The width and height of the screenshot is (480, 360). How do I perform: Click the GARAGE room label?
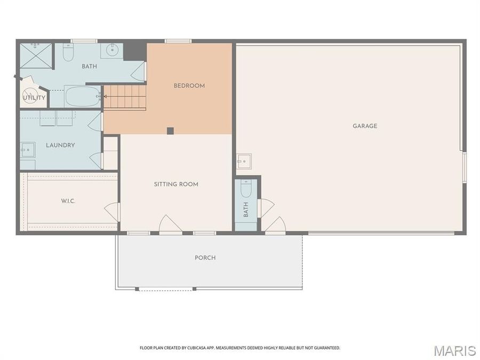point(365,126)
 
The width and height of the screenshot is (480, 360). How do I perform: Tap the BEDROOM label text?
point(189,86)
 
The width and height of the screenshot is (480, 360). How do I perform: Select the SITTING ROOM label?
point(176,185)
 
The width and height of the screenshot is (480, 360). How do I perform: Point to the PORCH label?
point(205,258)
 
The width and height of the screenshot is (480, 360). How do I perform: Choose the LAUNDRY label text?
point(60,145)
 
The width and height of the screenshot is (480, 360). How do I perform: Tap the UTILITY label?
point(34,98)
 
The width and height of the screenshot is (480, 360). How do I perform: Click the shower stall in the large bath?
point(36,55)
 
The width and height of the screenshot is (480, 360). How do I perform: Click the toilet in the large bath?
point(68,52)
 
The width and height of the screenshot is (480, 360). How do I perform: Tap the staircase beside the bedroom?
point(125,97)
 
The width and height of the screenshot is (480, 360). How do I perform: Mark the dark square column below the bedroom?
point(170,131)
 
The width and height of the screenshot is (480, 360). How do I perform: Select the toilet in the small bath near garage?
point(246,188)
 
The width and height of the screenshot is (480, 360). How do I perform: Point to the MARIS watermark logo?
point(454,350)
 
